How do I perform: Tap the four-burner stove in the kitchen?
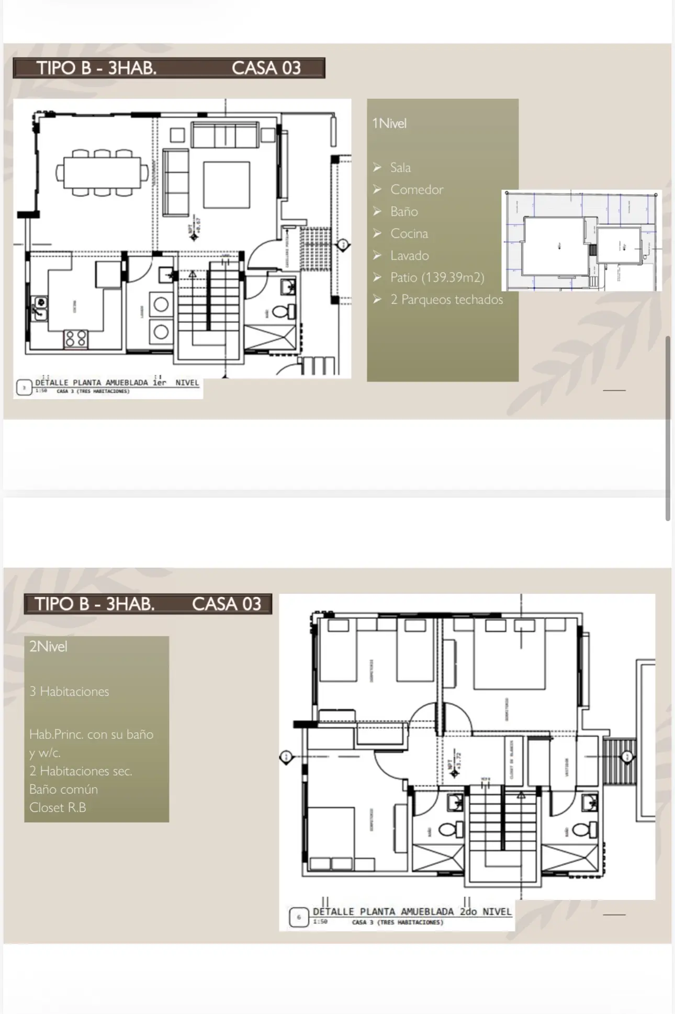[76, 339]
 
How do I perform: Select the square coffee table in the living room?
[227, 185]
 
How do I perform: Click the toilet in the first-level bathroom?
[283, 311]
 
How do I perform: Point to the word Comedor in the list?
[417, 189]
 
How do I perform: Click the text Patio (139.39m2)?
[437, 277]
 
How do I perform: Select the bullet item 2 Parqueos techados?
[446, 299]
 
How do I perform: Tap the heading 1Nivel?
[389, 123]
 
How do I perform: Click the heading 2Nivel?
[48, 647]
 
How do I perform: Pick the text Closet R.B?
[58, 807]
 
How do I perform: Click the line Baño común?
[63, 789]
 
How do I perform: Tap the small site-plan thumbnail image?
[581, 241]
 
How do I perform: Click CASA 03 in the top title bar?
[266, 68]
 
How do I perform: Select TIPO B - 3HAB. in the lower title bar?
[95, 604]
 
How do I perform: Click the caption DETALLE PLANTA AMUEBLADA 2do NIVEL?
[412, 911]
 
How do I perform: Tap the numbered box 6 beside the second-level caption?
[299, 917]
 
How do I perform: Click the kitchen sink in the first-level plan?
[40, 309]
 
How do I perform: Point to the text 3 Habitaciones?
[69, 692]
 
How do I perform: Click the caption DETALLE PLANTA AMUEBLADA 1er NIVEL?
[117, 382]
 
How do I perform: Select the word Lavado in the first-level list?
[409, 255]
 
